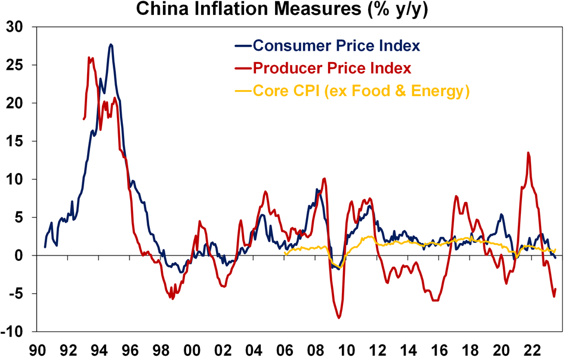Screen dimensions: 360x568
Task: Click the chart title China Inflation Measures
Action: [x=283, y=9]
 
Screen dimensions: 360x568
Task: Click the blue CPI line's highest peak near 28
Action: [x=111, y=45]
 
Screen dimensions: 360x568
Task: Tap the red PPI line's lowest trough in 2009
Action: [x=339, y=318]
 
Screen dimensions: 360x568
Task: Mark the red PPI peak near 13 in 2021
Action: [x=528, y=153]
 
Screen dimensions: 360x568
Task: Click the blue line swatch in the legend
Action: [x=243, y=46]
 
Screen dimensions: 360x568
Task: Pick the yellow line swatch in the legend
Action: [x=243, y=91]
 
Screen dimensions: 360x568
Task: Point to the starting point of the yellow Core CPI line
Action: [x=285, y=254]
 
